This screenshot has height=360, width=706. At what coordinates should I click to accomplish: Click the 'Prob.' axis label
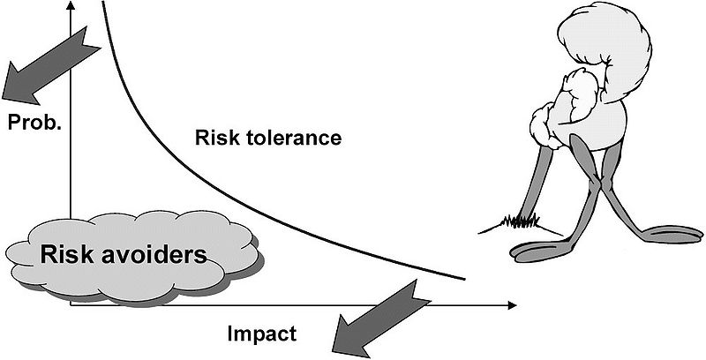point(34,122)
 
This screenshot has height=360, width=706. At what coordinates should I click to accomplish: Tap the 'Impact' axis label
point(262,334)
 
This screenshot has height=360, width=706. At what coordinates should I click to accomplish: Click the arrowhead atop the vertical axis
point(71,6)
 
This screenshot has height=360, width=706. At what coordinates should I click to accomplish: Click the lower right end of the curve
point(464,279)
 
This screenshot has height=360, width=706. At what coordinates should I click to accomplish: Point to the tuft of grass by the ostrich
point(521,222)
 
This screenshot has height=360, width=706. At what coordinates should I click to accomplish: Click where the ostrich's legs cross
point(597,185)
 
